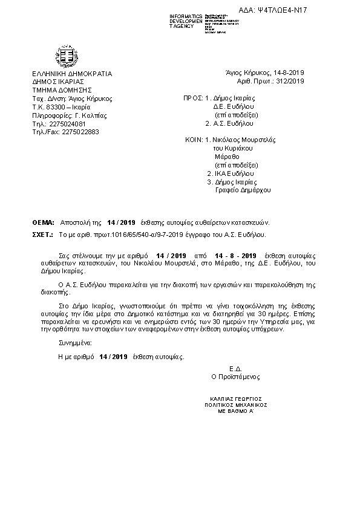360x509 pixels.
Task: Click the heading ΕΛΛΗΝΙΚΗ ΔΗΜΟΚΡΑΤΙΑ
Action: click(x=72, y=74)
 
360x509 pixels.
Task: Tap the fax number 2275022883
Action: click(x=80, y=131)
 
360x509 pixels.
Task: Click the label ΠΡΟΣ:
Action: click(x=193, y=97)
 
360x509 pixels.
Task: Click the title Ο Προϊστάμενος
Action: click(x=235, y=377)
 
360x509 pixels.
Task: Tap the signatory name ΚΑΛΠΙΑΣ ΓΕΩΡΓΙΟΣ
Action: click(x=235, y=400)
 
